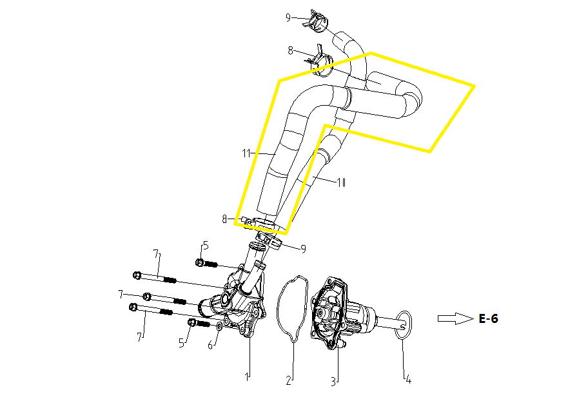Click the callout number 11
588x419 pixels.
click(x=246, y=153)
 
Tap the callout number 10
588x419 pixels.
click(x=341, y=182)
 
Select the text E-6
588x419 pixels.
click(x=488, y=318)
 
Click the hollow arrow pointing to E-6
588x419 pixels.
click(x=455, y=318)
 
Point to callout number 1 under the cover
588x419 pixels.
click(x=247, y=376)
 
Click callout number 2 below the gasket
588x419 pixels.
click(x=288, y=381)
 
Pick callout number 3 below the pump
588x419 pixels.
click(x=333, y=382)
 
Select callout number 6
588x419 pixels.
click(x=211, y=345)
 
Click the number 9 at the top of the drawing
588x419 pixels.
click(x=288, y=17)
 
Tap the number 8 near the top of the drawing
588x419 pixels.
click(x=290, y=50)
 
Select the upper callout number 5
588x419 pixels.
click(x=205, y=246)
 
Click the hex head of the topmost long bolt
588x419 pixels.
click(x=137, y=275)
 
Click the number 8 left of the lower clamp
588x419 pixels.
click(x=224, y=219)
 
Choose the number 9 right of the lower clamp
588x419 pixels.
click(x=304, y=249)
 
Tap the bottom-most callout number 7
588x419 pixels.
click(x=140, y=337)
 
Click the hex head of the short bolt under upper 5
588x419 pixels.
click(x=199, y=263)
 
